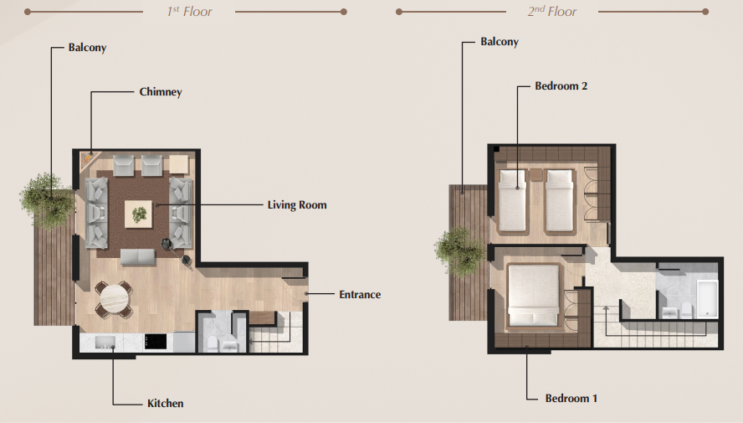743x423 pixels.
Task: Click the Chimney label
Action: tap(161, 92)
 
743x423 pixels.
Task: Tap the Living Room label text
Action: tap(297, 205)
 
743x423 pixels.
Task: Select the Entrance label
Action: tap(360, 295)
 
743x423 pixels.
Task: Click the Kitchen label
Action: tap(166, 404)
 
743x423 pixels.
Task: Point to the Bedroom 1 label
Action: tap(571, 399)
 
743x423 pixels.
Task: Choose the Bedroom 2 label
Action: tap(561, 85)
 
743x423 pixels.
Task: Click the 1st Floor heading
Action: tap(190, 12)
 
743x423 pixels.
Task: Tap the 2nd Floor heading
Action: tap(552, 12)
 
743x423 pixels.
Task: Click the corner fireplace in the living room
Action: tap(89, 159)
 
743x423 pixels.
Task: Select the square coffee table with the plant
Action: tap(138, 214)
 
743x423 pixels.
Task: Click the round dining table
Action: tap(114, 299)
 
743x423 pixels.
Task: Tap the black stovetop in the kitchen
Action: tap(156, 342)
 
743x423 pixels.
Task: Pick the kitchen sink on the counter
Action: tap(105, 342)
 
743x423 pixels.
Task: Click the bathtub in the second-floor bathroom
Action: tap(707, 299)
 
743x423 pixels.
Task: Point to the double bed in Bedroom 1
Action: tap(534, 296)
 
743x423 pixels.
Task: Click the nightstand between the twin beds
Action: tap(536, 174)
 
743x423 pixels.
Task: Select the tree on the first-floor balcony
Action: tap(47, 201)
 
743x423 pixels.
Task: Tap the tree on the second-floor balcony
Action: tap(459, 252)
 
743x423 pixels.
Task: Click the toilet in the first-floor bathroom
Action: tap(213, 343)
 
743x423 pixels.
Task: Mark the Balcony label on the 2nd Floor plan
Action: tap(500, 42)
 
